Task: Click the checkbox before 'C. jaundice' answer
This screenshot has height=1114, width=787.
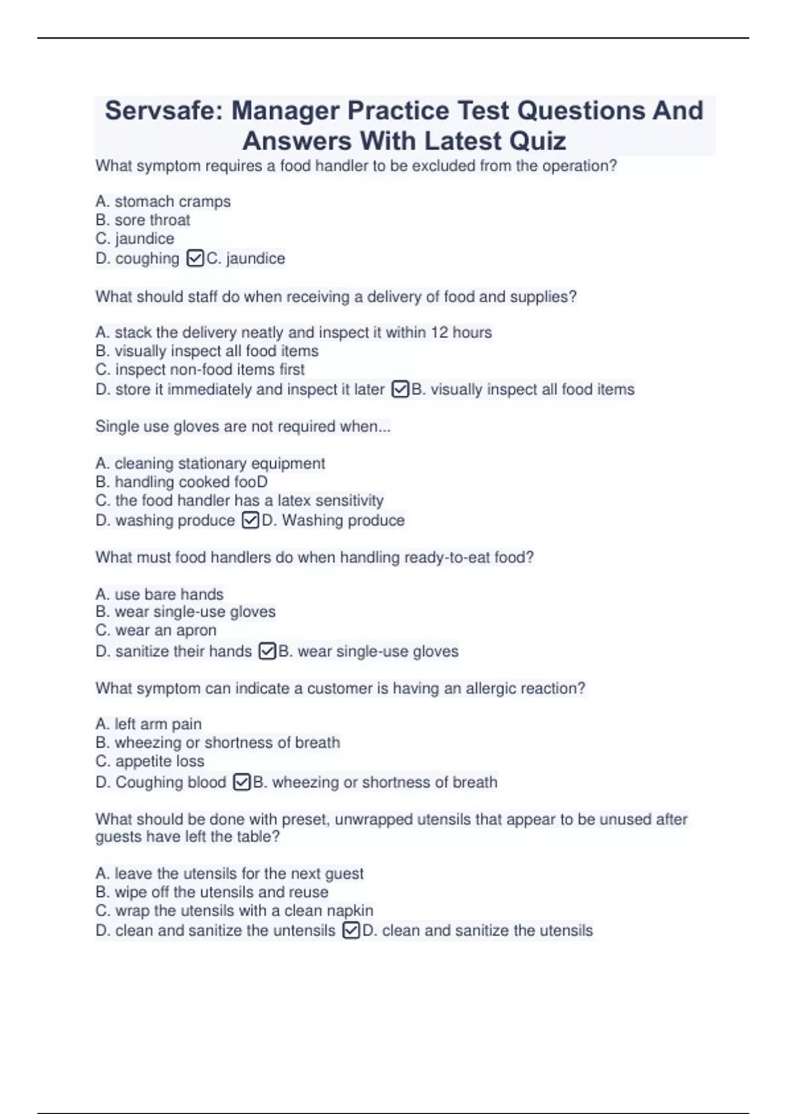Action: (x=195, y=258)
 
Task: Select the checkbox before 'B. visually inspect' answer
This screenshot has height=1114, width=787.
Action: (x=400, y=389)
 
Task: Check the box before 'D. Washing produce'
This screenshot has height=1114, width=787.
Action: (x=251, y=520)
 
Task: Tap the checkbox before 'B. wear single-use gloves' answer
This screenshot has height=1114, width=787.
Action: (x=268, y=651)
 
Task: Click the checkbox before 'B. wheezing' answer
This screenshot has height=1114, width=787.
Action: (x=242, y=782)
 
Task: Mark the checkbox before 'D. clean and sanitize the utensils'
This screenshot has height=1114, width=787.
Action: (x=352, y=931)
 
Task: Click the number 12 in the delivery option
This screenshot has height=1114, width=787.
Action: (x=439, y=332)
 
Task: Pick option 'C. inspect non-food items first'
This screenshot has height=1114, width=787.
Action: (x=200, y=370)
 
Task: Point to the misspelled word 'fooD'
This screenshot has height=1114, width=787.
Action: (x=251, y=482)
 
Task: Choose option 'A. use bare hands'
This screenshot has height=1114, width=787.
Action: (x=159, y=594)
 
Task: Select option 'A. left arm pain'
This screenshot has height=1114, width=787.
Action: (x=148, y=724)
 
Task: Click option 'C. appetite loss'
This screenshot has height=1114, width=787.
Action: (x=150, y=761)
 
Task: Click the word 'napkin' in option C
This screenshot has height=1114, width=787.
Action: (x=350, y=911)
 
